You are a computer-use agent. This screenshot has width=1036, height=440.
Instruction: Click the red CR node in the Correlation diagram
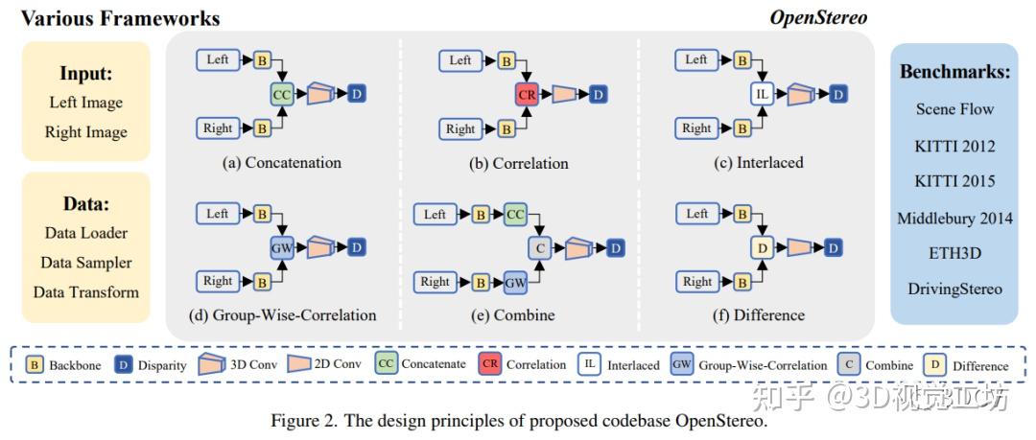click(x=527, y=95)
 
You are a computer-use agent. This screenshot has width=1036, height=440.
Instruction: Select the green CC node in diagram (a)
click(x=282, y=95)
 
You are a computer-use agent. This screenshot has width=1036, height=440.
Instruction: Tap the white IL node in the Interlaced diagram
click(x=762, y=95)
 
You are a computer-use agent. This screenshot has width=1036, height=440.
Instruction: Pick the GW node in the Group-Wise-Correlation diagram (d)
click(x=282, y=248)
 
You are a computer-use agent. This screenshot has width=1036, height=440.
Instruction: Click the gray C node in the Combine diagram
click(x=539, y=248)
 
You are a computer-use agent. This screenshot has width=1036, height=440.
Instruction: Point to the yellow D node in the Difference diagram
click(x=762, y=248)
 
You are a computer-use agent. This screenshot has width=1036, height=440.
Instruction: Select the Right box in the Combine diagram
click(x=436, y=283)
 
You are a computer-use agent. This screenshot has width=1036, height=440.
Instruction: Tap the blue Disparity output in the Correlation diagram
click(x=598, y=95)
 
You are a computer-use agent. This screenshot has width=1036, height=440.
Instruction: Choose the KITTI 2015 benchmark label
click(x=954, y=181)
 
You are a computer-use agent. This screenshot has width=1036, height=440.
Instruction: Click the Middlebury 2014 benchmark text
click(x=954, y=218)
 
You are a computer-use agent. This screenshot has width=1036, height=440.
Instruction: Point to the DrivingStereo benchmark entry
click(x=954, y=289)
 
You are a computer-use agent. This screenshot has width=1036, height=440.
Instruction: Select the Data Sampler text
click(x=86, y=263)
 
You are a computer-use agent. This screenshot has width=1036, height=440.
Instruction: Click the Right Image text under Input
click(x=86, y=132)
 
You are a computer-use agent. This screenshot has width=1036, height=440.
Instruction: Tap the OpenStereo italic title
click(x=818, y=18)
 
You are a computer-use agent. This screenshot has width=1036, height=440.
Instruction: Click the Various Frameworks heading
click(x=120, y=18)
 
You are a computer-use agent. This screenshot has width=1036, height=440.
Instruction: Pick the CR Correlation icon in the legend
click(x=489, y=364)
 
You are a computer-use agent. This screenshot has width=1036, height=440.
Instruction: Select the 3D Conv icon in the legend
click(x=212, y=364)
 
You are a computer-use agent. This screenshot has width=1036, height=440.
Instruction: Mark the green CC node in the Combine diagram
click(x=516, y=214)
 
